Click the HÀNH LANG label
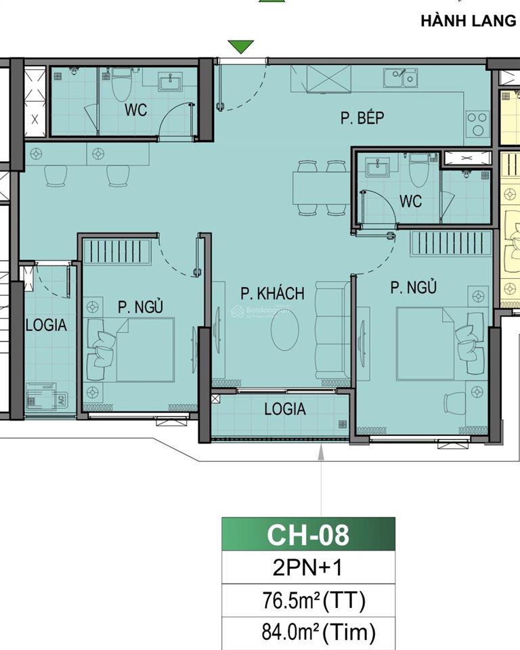click(x=468, y=20)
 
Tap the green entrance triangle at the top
click(x=240, y=47)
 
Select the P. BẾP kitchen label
click(x=362, y=119)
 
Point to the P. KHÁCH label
click(x=272, y=293)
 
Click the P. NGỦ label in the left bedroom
click(x=140, y=307)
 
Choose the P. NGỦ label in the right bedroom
click(x=413, y=288)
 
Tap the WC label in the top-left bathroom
click(x=135, y=110)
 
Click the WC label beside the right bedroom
click(x=410, y=201)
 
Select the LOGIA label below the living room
click(x=284, y=409)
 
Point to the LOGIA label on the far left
click(x=46, y=325)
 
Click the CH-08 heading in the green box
click(x=308, y=534)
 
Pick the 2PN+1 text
click(x=308, y=567)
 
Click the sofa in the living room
click(x=331, y=332)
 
